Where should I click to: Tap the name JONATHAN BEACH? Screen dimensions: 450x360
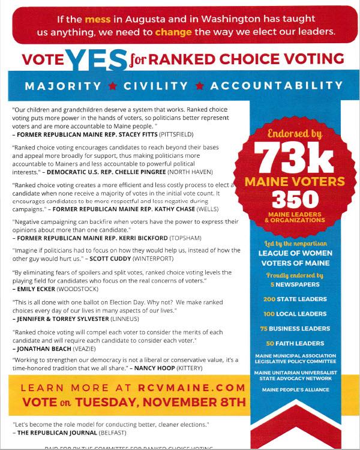(40, 348)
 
